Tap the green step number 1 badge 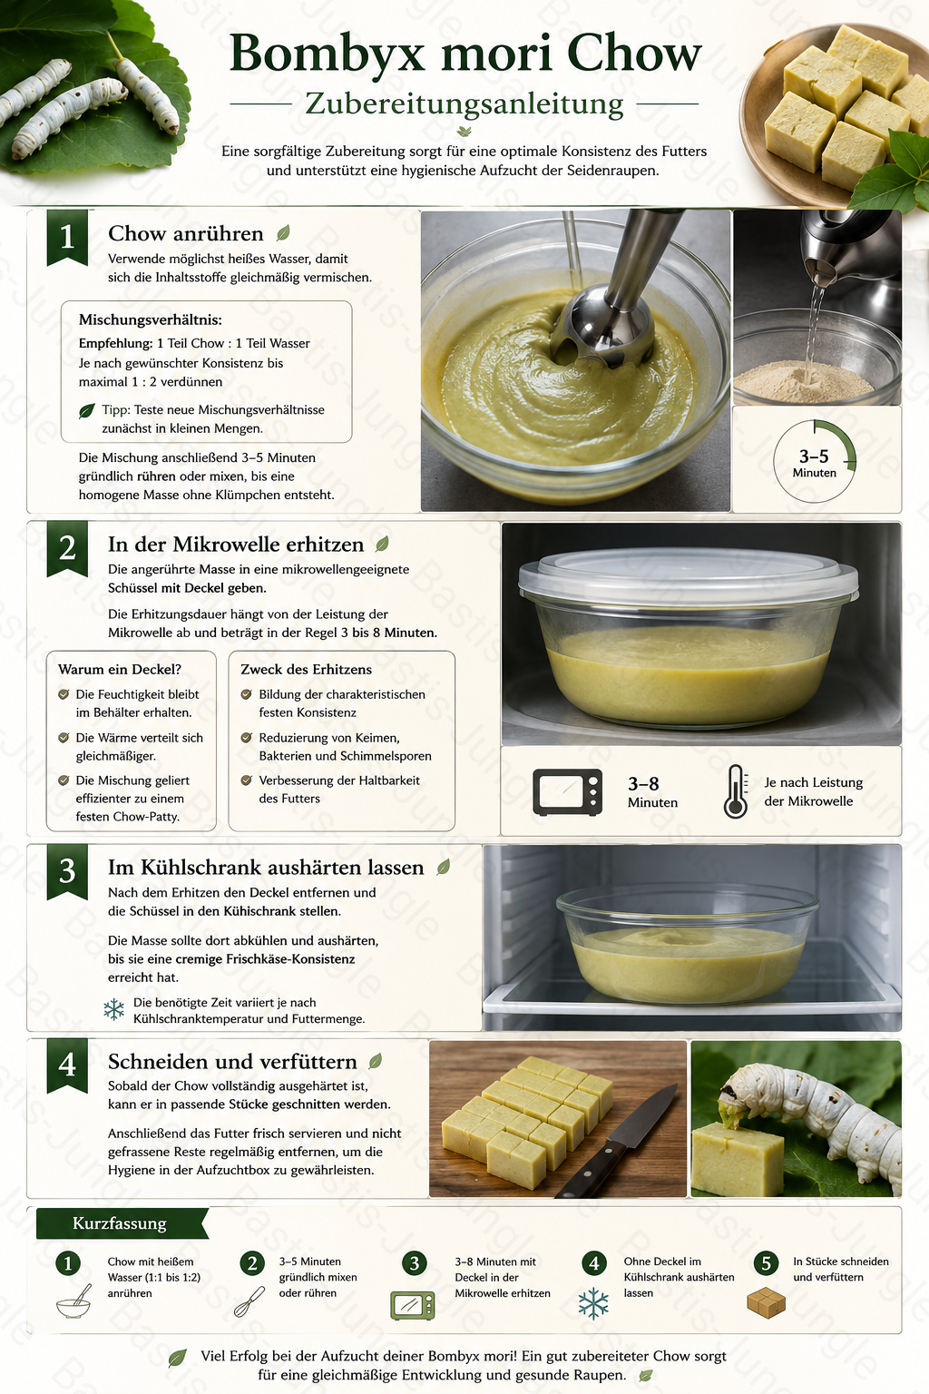click(x=67, y=238)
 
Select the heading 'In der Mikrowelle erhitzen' click(x=236, y=545)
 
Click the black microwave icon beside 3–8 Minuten click(x=568, y=792)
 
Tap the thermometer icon click(x=736, y=791)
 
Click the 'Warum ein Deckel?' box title click(x=120, y=670)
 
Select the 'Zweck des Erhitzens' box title click(x=306, y=670)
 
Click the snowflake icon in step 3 click(x=114, y=1010)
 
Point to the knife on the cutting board click(x=616, y=1143)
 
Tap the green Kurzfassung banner click(x=122, y=1223)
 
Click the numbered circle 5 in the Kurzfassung click(x=766, y=1263)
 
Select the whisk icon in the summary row click(x=249, y=1301)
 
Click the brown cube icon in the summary click(x=766, y=1302)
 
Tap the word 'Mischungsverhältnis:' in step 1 click(x=150, y=319)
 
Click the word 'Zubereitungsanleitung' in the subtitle click(x=464, y=104)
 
